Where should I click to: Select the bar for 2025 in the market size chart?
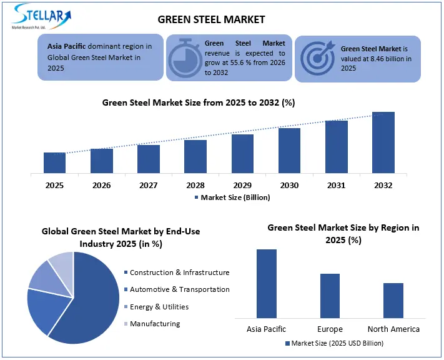point(54,162)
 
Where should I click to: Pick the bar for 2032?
point(383,142)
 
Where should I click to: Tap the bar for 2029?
point(242,154)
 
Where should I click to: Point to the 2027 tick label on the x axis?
point(149,185)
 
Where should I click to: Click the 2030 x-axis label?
point(289,185)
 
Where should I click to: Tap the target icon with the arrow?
point(317,59)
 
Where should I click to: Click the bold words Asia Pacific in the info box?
point(67,46)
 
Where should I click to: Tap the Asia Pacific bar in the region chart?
point(266,284)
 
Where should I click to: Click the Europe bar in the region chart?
point(330,296)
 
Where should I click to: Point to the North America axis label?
point(393,329)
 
